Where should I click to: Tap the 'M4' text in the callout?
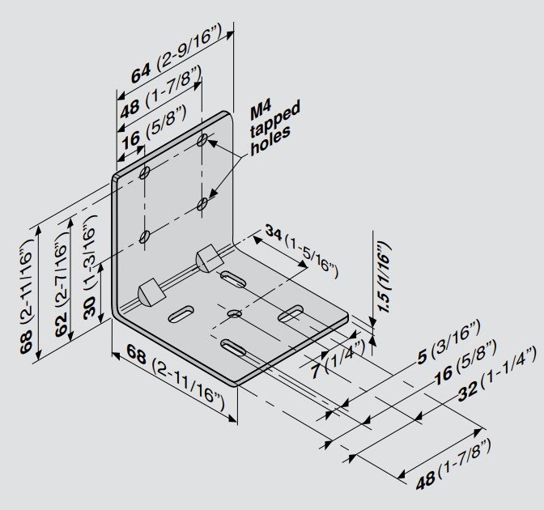tap(260, 106)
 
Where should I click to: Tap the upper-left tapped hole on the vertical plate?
tap(145, 173)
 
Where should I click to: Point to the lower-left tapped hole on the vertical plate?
tap(145, 237)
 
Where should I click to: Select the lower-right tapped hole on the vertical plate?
tap(202, 206)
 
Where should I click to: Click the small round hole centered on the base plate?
tap(234, 313)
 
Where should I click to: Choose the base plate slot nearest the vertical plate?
tap(234, 279)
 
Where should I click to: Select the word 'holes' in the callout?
tap(270, 143)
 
